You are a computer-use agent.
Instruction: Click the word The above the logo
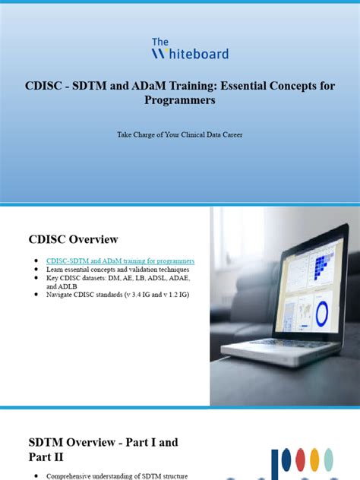click(x=160, y=42)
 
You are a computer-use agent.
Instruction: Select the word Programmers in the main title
click(x=179, y=100)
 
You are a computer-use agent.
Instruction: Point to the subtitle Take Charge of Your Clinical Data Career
click(x=179, y=134)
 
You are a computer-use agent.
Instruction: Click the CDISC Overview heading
click(x=74, y=240)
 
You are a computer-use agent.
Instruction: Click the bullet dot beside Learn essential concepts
click(x=36, y=270)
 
